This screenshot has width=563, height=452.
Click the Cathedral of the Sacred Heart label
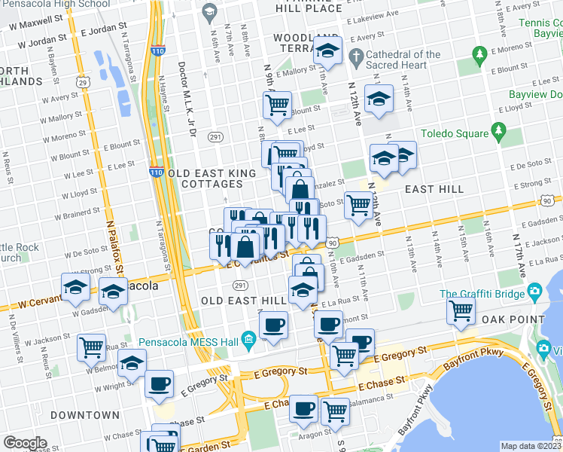pos(404,60)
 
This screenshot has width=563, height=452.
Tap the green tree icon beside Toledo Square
pos(498,133)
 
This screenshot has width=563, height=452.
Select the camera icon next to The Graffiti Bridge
pos(534,292)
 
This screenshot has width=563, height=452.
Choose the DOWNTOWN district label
pos(85,415)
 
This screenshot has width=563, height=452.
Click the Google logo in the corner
pos(25,442)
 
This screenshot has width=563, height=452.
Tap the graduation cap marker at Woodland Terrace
pos(327,50)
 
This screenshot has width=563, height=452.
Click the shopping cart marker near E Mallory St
pos(278,104)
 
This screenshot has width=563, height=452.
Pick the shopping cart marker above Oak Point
pos(461,310)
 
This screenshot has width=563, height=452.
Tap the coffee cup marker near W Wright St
pos(159,383)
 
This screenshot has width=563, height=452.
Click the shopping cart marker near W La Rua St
pos(92,347)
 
